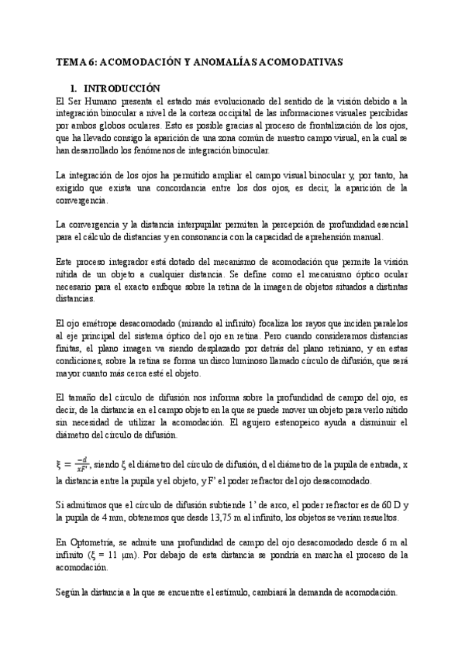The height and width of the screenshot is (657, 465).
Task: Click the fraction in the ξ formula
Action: pos(81,465)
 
